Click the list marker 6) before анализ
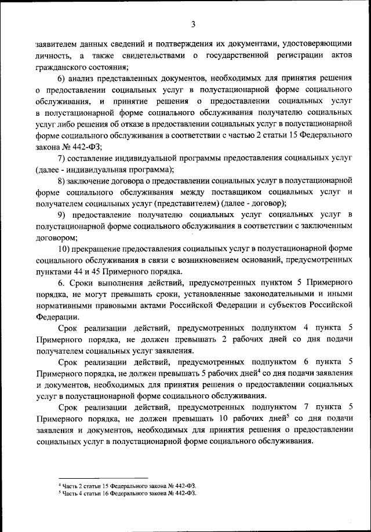tap(63, 79)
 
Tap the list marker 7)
tap(63, 159)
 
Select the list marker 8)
tap(63, 181)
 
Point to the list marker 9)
tap(63, 215)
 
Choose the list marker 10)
tap(65, 249)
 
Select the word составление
tap(96, 159)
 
